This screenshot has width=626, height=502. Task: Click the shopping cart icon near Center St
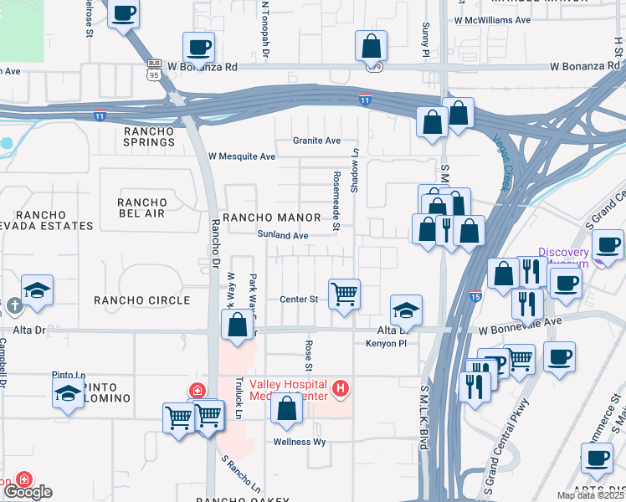click(344, 295)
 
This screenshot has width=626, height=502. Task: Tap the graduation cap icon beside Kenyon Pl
click(407, 310)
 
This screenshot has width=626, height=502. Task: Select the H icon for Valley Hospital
click(340, 388)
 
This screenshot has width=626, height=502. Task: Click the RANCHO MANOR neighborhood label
click(260, 218)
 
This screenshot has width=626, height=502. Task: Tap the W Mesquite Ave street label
click(242, 156)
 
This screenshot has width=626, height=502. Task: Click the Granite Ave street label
click(316, 141)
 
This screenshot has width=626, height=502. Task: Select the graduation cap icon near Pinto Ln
click(68, 393)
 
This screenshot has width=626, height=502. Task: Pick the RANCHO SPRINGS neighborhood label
click(149, 136)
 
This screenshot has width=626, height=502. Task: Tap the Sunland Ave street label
click(283, 236)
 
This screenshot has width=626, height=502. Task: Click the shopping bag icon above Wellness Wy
click(287, 409)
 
